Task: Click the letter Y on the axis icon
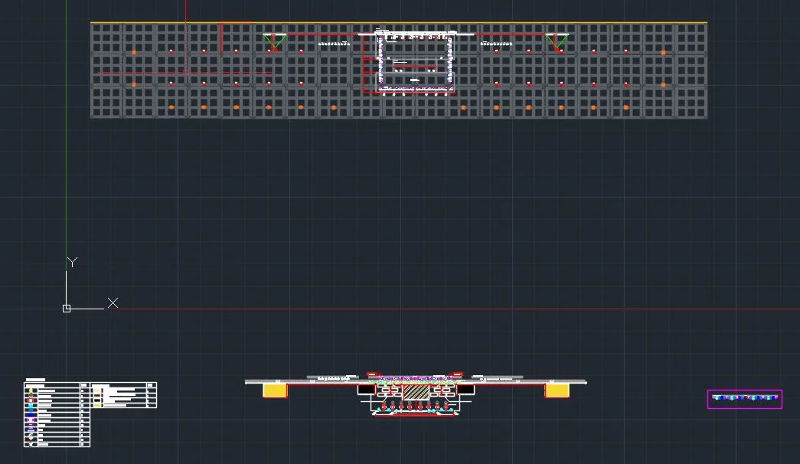click(x=72, y=263)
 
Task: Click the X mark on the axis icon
click(x=113, y=303)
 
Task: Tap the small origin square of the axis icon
click(x=67, y=309)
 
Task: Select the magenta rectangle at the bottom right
click(x=744, y=399)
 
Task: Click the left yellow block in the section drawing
click(x=275, y=390)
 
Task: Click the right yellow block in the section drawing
click(x=557, y=390)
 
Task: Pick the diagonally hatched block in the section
click(x=416, y=390)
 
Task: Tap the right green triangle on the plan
click(x=557, y=40)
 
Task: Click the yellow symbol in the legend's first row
click(x=31, y=390)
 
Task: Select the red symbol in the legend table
click(x=31, y=400)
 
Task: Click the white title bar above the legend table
click(x=35, y=379)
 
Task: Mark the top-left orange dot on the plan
click(x=134, y=53)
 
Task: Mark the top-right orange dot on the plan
click(x=663, y=53)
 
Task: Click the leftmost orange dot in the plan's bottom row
click(x=171, y=107)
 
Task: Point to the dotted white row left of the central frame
click(x=334, y=44)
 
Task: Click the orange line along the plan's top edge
click(x=398, y=22)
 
